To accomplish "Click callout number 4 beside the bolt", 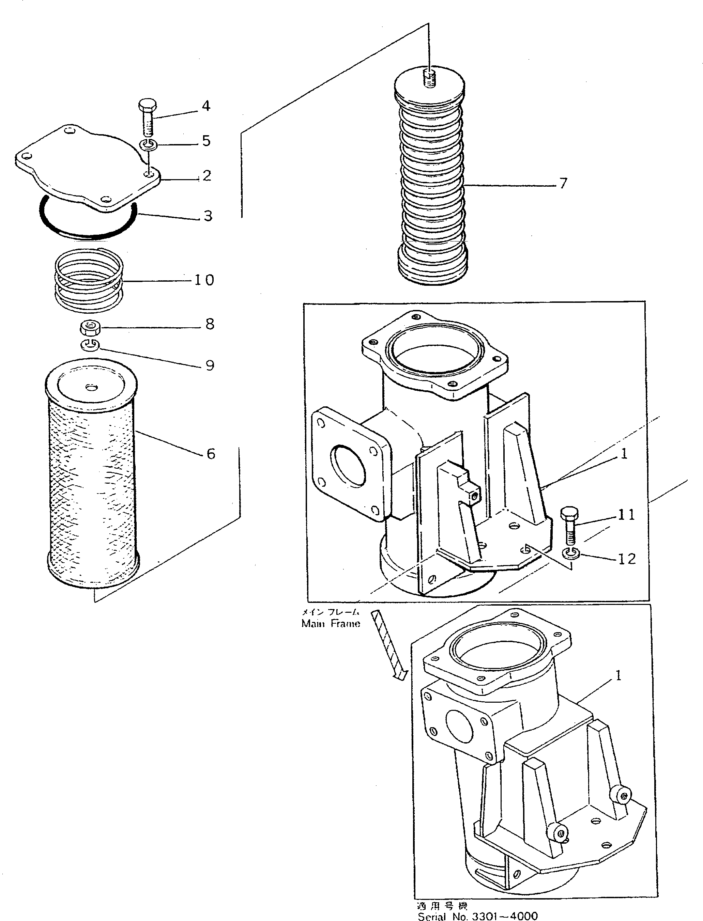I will pos(206,106).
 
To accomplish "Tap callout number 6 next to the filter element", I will pos(211,454).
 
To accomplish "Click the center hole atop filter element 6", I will pos(90,388).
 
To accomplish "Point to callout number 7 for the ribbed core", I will pos(563,183).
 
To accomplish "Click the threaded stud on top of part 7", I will pos(429,78).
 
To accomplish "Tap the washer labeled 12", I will pos(570,553).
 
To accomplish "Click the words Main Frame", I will pos(331,624).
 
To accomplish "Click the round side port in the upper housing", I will pos(348,465).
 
